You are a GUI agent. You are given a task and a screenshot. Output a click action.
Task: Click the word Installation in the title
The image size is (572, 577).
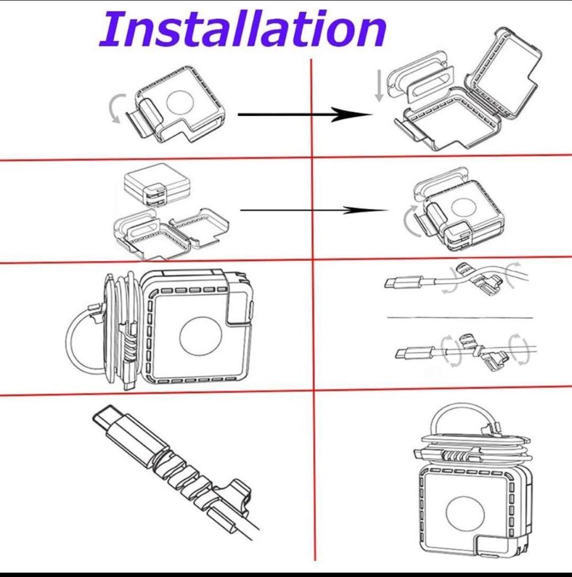pos(242,29)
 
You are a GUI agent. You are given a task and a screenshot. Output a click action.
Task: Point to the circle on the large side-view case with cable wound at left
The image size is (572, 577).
pos(200,338)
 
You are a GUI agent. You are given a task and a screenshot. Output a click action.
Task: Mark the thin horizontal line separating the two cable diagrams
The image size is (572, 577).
pos(459,317)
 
